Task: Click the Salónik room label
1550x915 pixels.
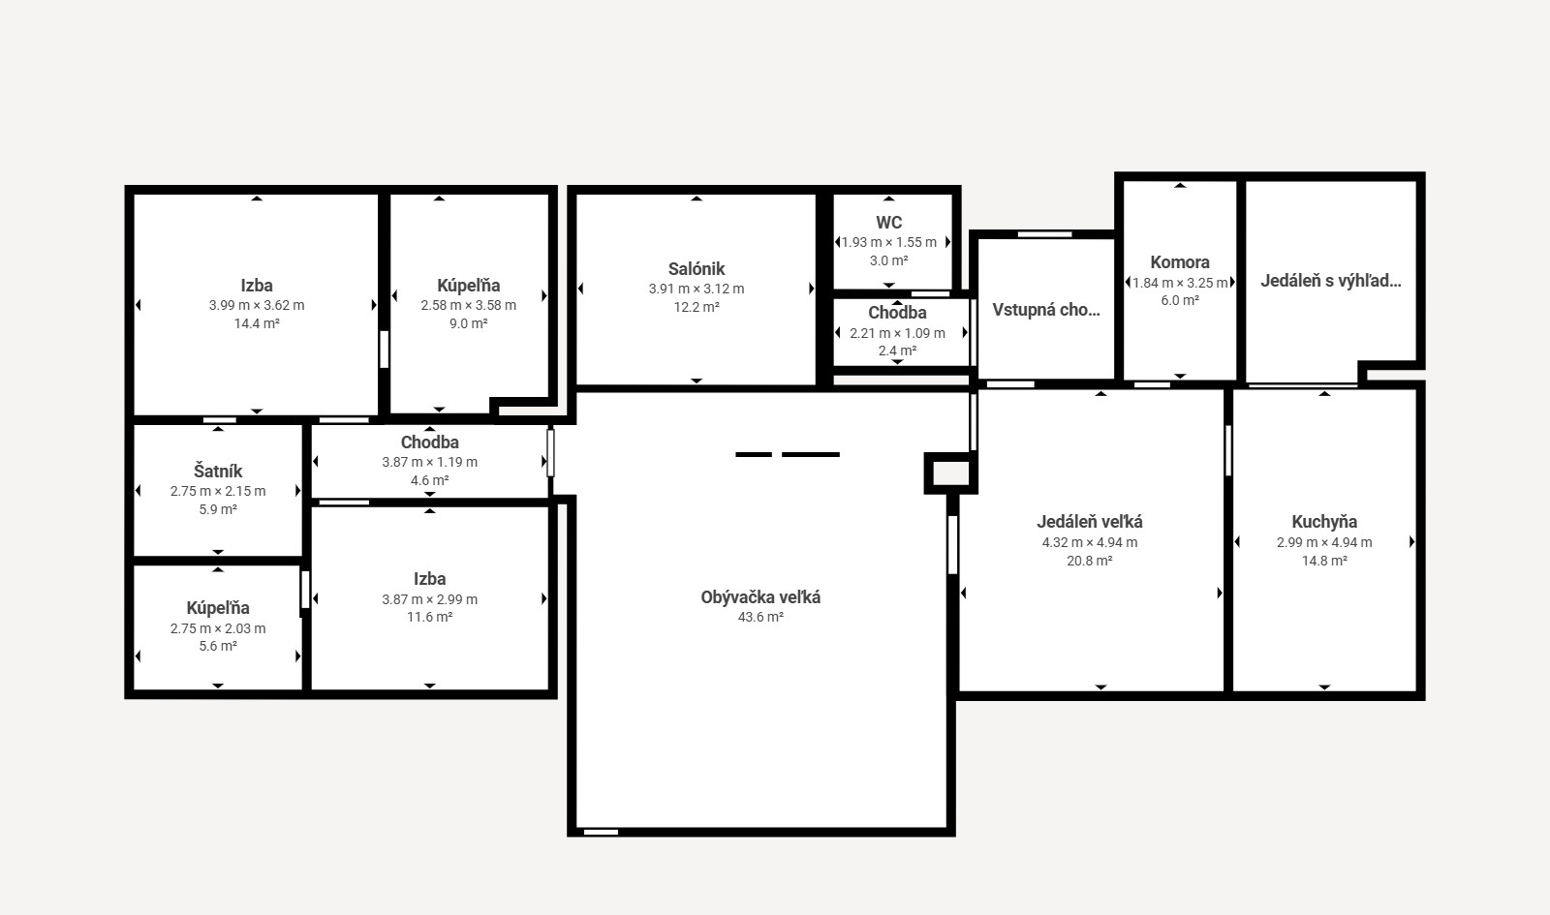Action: tap(697, 269)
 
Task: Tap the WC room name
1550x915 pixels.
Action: tap(889, 223)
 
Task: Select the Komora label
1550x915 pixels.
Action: tap(1180, 262)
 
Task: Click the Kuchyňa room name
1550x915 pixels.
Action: tap(1324, 522)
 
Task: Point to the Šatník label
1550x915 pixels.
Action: tap(218, 471)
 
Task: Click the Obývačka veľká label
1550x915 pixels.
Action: tap(760, 597)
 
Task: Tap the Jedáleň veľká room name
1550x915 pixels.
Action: tap(1090, 522)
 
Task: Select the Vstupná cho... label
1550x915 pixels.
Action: tap(1046, 310)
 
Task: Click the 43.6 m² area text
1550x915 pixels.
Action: tap(760, 617)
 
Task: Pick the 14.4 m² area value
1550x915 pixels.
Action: tap(257, 323)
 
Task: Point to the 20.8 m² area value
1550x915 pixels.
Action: tap(1090, 561)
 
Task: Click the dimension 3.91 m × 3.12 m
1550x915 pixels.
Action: tap(697, 290)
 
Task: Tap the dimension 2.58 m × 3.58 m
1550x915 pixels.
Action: tap(469, 306)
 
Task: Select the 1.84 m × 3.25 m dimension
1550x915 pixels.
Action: tap(1180, 283)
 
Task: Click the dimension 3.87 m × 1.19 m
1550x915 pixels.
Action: tap(430, 462)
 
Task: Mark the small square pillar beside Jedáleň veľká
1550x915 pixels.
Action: tap(950, 473)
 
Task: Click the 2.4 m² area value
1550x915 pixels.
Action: tap(897, 351)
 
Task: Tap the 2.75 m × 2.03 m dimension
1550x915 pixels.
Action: tap(218, 628)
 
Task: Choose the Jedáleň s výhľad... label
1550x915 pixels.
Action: tap(1331, 281)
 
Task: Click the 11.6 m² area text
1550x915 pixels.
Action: tap(430, 617)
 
